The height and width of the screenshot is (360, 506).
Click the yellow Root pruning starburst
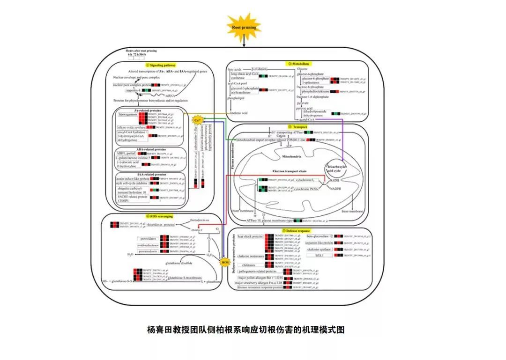click(x=244, y=28)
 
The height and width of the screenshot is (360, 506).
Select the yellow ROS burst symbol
click(x=224, y=262)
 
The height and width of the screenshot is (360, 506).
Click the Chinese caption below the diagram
click(x=246, y=330)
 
